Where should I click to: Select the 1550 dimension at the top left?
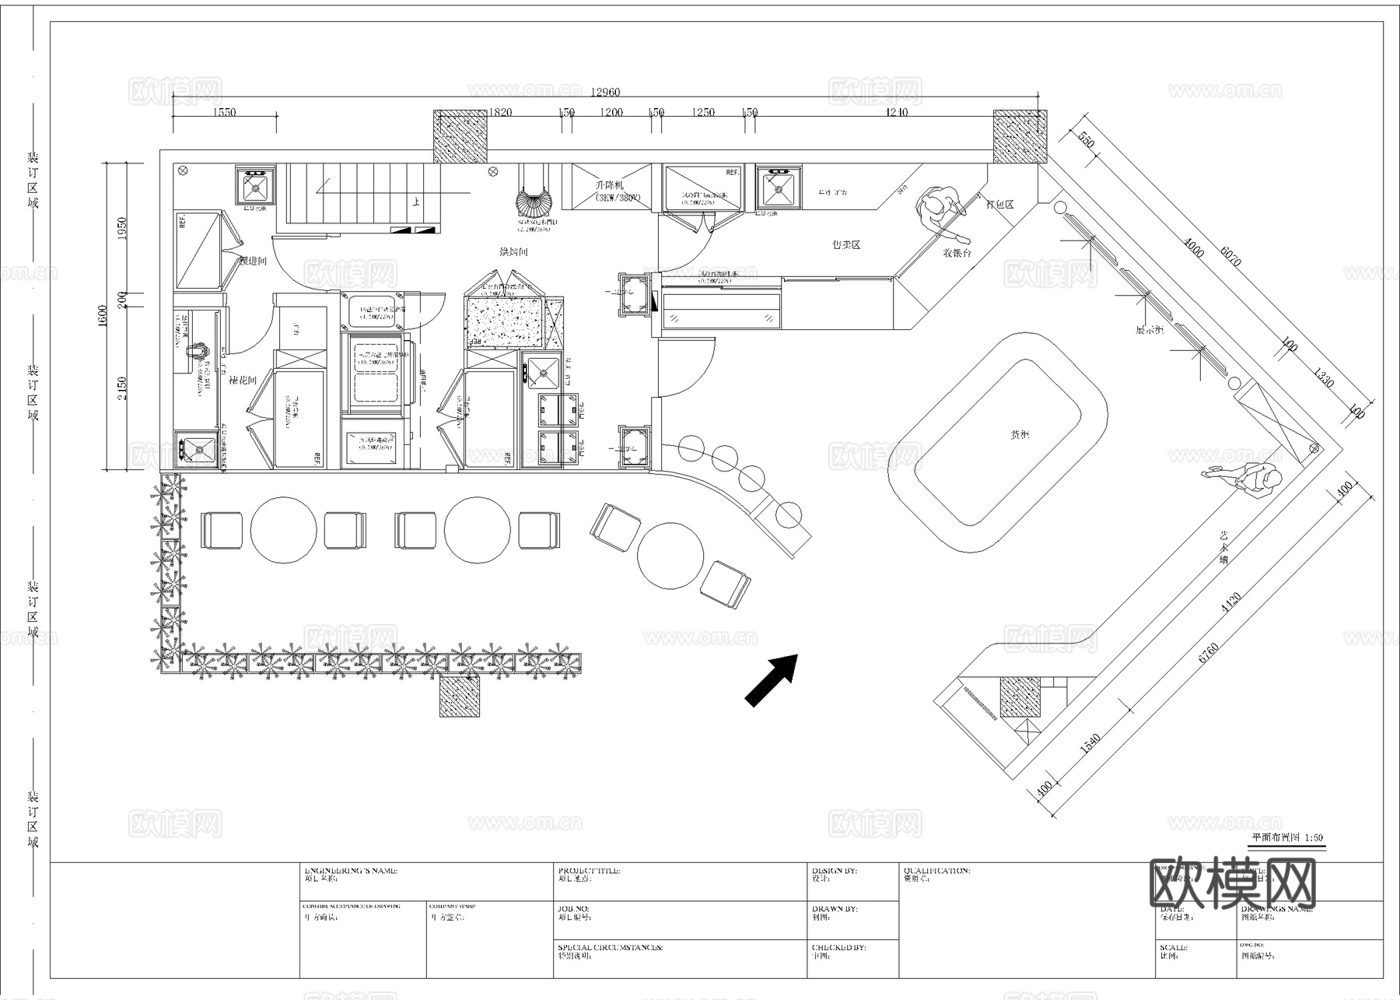click(223, 113)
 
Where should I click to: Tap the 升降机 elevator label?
click(609, 186)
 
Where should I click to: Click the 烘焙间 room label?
click(514, 252)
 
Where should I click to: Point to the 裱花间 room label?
click(243, 381)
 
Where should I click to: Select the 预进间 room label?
click(253, 261)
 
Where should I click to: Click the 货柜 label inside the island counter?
click(1020, 435)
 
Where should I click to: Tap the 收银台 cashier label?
click(957, 252)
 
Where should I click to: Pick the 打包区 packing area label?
click(999, 205)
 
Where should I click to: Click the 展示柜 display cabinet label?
click(1149, 330)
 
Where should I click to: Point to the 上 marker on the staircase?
click(417, 202)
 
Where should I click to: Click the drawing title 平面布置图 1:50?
click(1286, 838)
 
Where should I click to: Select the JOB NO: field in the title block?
click(574, 908)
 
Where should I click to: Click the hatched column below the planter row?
click(460, 695)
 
